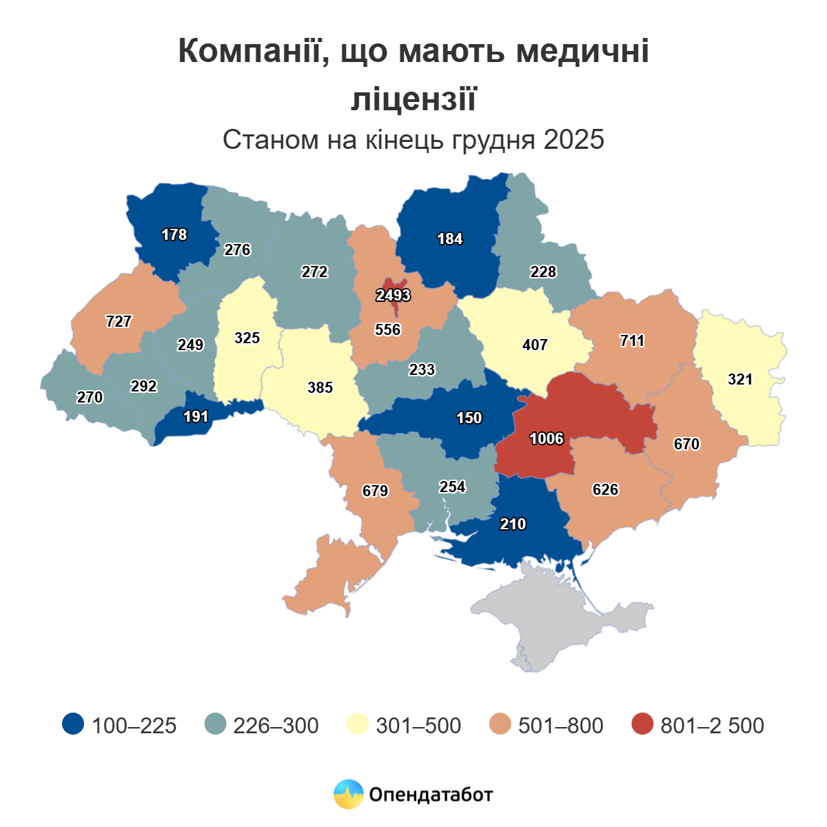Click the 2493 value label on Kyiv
coord(393,296)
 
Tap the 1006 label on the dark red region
coord(547,439)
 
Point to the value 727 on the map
coord(119,321)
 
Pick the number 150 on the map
coord(469,418)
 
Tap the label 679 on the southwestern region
coord(376,491)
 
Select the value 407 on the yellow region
coord(535,344)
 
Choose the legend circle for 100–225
coord(73,724)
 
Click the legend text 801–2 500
coord(712,726)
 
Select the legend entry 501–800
coord(560,726)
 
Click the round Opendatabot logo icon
coord(348,795)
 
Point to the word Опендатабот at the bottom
coord(431,795)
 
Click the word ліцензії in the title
coord(413,98)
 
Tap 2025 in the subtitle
coord(573,140)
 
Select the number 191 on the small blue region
coord(196,417)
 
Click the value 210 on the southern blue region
coord(513,524)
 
